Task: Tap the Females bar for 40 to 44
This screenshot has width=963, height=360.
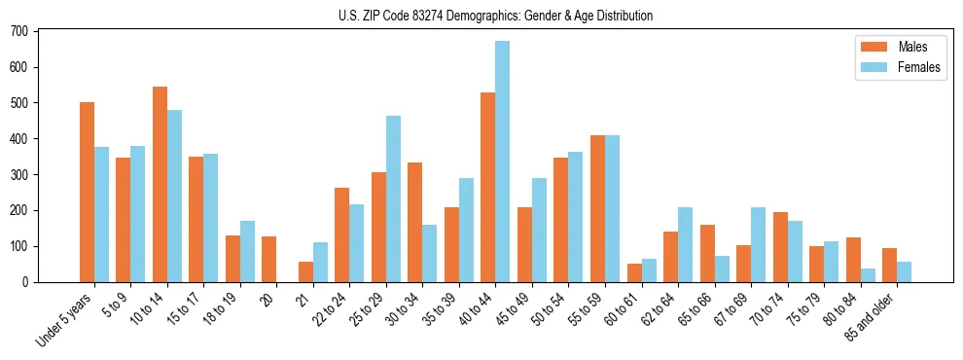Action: coord(502,162)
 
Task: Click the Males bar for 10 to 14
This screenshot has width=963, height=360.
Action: coord(160,185)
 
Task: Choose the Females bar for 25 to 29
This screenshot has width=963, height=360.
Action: coord(393,199)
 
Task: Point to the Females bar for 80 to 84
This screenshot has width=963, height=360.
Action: coord(868,275)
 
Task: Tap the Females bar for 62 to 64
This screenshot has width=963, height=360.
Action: coord(685,244)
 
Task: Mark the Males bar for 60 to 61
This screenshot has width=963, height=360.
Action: coord(634,272)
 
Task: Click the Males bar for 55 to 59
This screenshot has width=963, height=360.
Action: coord(597,208)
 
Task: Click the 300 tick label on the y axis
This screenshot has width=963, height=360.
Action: coord(19,174)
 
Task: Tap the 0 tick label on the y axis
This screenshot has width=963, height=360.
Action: coord(26,282)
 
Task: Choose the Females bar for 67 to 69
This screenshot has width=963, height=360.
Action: coord(758,244)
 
